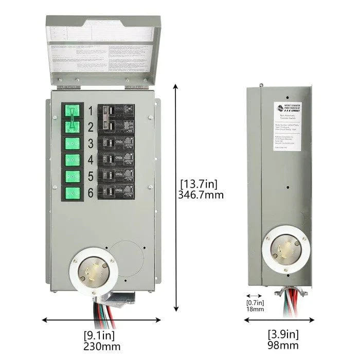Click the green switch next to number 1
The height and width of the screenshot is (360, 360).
pyautogui.click(x=73, y=112)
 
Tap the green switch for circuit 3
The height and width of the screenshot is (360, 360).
pyautogui.click(x=73, y=142)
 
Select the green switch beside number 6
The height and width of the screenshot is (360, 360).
pyautogui.click(x=73, y=193)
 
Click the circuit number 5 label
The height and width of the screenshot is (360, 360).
pyautogui.click(x=90, y=176)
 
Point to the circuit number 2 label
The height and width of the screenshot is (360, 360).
pyautogui.click(x=90, y=127)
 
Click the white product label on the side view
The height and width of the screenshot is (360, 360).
pyautogui.click(x=290, y=131)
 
